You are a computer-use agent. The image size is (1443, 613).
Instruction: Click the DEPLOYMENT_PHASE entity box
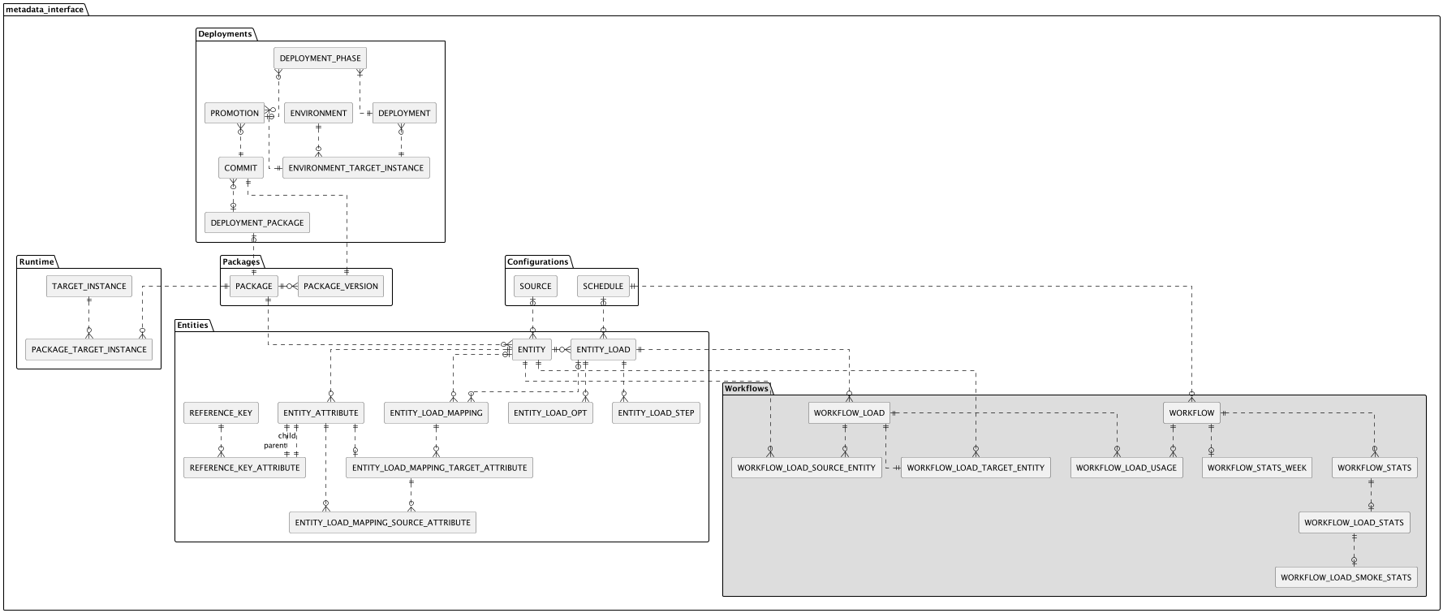320,58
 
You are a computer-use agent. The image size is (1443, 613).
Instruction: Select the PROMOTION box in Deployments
235,114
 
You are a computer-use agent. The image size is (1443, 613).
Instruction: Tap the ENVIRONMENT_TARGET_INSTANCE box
355,168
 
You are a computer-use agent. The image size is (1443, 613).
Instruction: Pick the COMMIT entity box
240,168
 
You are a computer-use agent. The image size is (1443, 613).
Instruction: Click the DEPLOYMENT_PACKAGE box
256,223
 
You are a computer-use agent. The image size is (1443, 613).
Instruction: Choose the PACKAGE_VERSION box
341,287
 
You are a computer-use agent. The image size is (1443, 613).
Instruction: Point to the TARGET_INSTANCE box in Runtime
88,287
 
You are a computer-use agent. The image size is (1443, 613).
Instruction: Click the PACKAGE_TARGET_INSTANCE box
88,350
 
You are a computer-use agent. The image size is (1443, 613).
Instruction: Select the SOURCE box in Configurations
535,287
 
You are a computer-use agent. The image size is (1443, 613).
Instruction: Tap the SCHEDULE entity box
603,287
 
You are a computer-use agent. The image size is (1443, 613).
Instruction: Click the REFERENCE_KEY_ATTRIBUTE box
244,468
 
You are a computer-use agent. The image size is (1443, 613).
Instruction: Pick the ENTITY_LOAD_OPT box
550,413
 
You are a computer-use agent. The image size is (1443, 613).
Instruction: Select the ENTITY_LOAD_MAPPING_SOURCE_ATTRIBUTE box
382,523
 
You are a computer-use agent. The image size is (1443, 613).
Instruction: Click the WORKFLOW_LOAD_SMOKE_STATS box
1346,578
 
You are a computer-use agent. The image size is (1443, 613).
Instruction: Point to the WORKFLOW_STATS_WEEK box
1256,468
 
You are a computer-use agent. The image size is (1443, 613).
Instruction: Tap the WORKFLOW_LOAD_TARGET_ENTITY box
975,468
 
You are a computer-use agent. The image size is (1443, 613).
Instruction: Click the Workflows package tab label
746,389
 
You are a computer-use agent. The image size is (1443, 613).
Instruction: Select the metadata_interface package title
45,10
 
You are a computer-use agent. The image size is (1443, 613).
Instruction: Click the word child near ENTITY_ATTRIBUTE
286,436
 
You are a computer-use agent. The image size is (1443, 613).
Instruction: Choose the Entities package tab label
192,326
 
